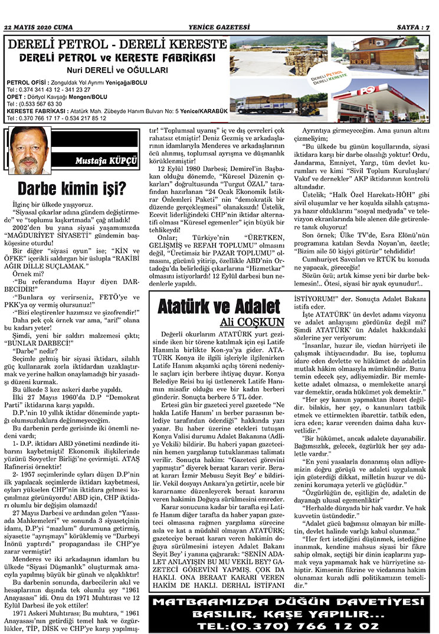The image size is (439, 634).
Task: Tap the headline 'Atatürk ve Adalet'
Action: click(219, 307)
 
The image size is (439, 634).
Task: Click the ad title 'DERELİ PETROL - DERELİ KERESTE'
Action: click(116, 45)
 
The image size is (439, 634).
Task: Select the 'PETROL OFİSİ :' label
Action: click(27, 83)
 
